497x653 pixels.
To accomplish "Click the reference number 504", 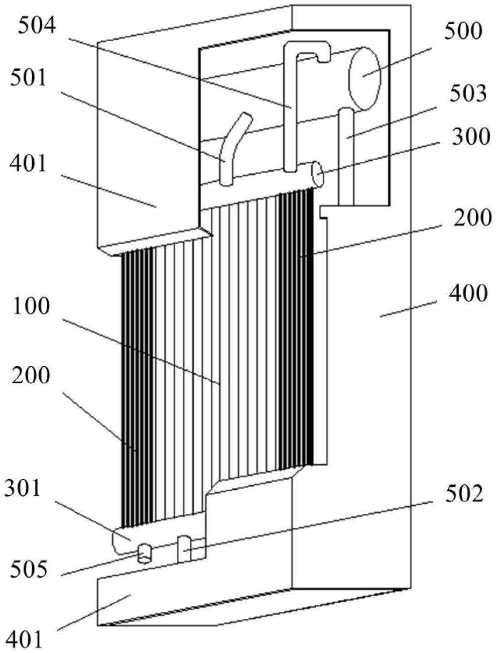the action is pyautogui.click(x=37, y=26).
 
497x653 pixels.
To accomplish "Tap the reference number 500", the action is pyautogui.click(x=463, y=31).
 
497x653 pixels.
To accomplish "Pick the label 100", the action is pyautogui.click(x=31, y=307).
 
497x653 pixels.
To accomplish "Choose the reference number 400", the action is pyautogui.click(x=468, y=293).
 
